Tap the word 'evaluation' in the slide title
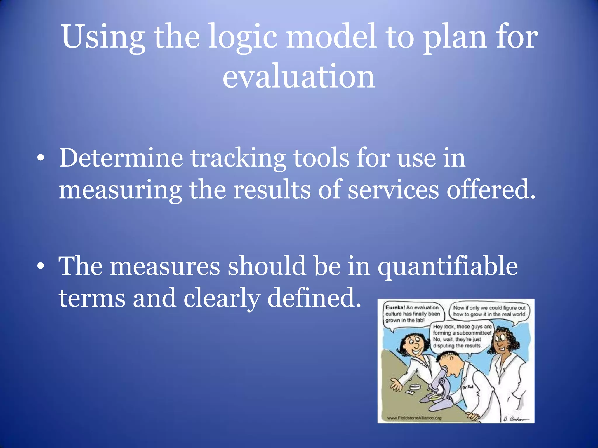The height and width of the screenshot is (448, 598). (299, 76)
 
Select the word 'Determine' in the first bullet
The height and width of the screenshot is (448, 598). (121, 158)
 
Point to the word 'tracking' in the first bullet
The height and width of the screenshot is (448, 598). (238, 158)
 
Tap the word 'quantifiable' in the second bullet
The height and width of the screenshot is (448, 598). (448, 267)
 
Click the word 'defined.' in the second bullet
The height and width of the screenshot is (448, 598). (314, 298)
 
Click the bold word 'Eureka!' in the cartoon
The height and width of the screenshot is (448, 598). (395, 307)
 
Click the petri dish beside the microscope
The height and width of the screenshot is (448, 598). (415, 387)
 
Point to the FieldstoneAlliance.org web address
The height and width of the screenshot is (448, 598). (414, 418)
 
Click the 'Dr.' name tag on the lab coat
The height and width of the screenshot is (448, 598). (467, 387)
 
